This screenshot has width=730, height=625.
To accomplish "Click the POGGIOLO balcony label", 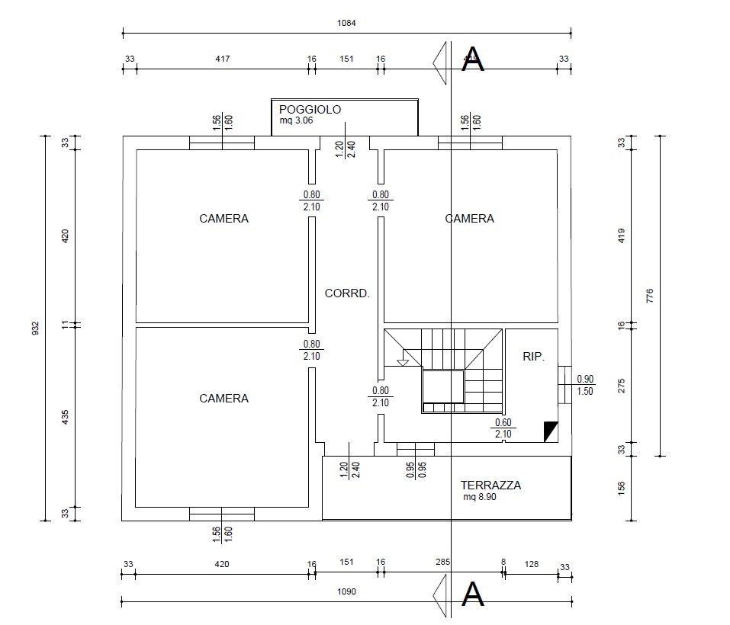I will [x=310, y=110].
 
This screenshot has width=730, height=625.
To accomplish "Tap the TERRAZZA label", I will [x=490, y=486].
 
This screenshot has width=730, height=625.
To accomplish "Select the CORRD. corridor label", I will [x=347, y=293].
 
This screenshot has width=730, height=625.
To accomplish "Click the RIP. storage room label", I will [x=533, y=356].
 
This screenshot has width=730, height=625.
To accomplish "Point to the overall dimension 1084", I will [x=347, y=23].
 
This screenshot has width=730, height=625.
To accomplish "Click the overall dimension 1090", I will [x=347, y=591].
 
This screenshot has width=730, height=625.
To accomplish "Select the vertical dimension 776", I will [x=650, y=296].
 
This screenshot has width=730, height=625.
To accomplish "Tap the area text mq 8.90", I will [x=481, y=497].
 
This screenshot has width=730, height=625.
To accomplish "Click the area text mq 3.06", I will [x=297, y=120].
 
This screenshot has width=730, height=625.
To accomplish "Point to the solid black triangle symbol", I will [x=550, y=432].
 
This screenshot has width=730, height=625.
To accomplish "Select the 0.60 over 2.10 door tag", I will [x=503, y=428].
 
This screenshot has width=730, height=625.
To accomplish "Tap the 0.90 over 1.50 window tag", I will [x=585, y=384].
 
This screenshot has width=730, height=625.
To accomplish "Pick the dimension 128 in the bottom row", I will [x=532, y=565].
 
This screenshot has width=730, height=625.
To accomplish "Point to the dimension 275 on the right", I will [x=621, y=385].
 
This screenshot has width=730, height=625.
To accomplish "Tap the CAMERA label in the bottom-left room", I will [x=224, y=399].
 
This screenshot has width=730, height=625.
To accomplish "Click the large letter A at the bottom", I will [x=474, y=594].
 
